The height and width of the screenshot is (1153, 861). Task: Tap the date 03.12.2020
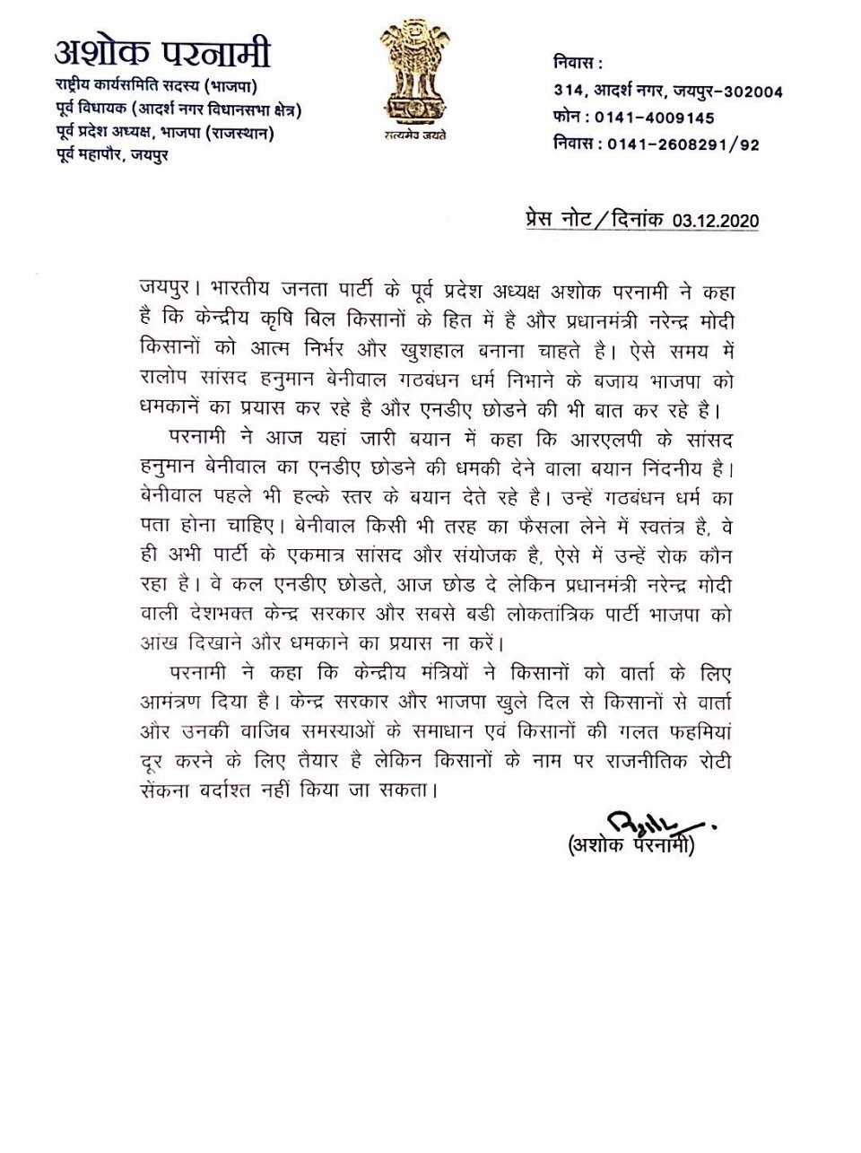pyautogui.click(x=709, y=220)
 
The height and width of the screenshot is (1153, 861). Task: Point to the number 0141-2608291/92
pyautogui.click(x=683, y=144)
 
